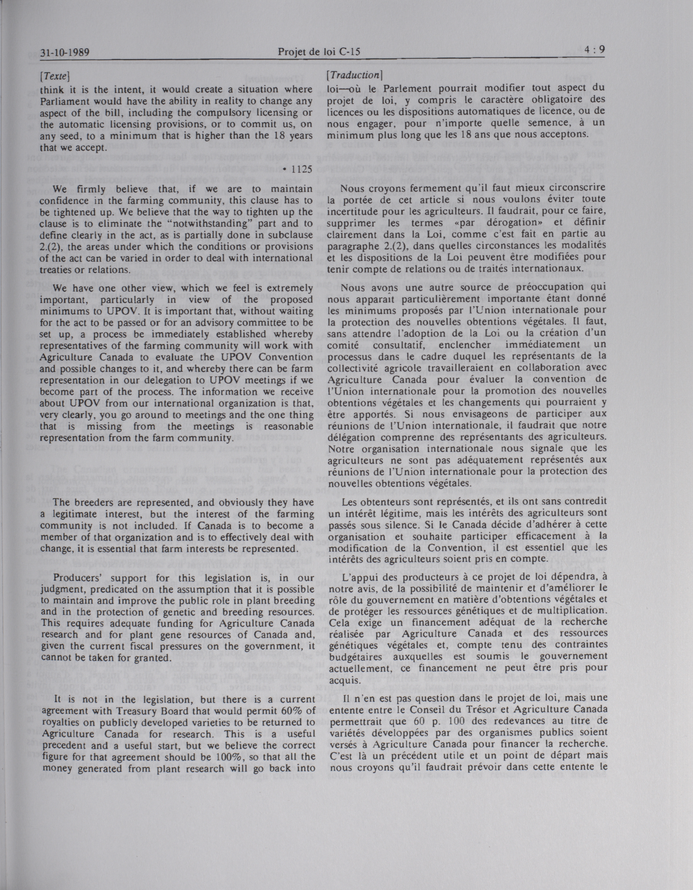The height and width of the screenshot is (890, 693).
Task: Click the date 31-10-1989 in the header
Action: coord(65,52)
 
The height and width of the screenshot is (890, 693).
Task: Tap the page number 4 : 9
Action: coord(594,50)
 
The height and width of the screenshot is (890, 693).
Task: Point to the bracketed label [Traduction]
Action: coord(354,75)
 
